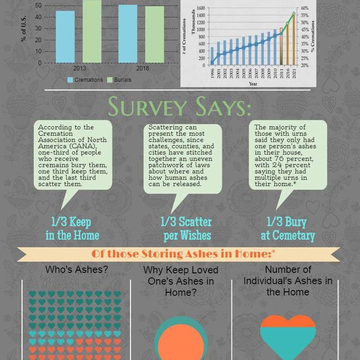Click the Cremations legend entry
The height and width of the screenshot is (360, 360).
coord(85,80)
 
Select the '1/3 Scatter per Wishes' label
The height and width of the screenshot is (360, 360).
coord(186,228)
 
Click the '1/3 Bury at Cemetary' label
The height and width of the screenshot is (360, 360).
coord(287,228)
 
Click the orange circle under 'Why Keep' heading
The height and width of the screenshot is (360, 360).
coord(181,342)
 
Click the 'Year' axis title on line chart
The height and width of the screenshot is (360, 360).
coord(253,84)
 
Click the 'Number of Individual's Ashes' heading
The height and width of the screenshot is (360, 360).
coord(287,280)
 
